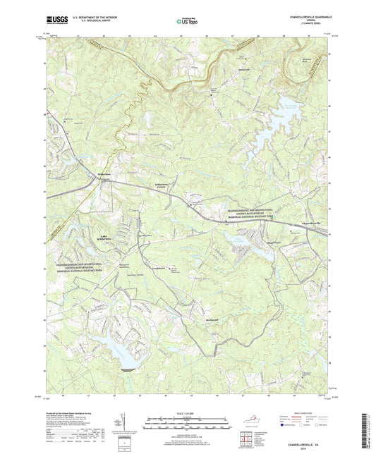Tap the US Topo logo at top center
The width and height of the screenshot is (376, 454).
[x=185, y=23]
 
